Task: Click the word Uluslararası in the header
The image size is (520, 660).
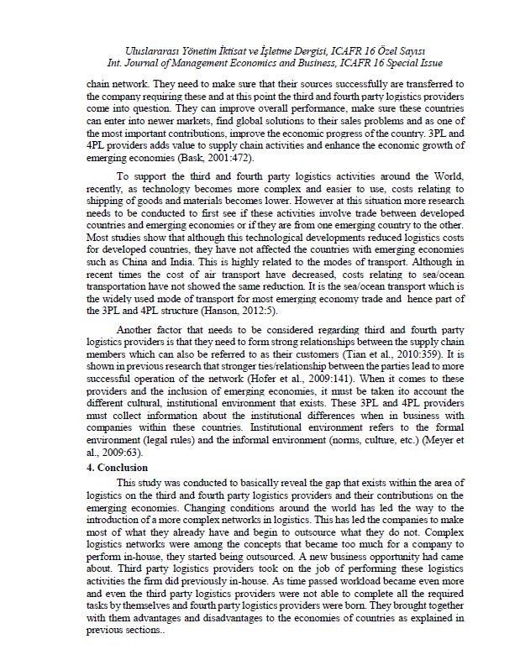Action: [151, 50]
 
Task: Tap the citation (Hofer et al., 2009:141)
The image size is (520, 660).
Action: [316, 379]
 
